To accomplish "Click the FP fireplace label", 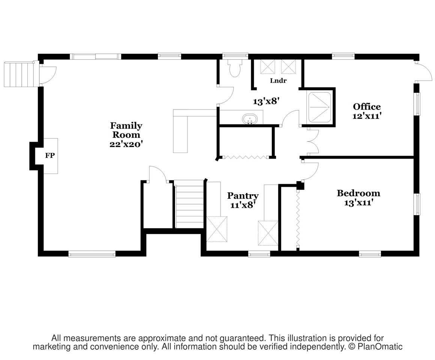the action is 50,155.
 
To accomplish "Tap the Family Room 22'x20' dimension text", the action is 126,144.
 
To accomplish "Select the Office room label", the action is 367,106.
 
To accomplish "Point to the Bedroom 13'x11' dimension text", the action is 358,203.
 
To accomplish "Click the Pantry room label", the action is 243,196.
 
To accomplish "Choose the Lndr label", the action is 278,81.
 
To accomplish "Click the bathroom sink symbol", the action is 250,119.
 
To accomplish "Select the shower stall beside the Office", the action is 319,107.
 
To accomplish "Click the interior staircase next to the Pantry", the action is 190,204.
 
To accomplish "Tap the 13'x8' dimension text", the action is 266,101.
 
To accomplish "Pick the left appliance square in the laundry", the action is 267,67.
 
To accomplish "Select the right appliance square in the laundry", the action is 288,67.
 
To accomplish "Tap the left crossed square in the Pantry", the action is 217,229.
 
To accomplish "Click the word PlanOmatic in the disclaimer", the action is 380,346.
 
